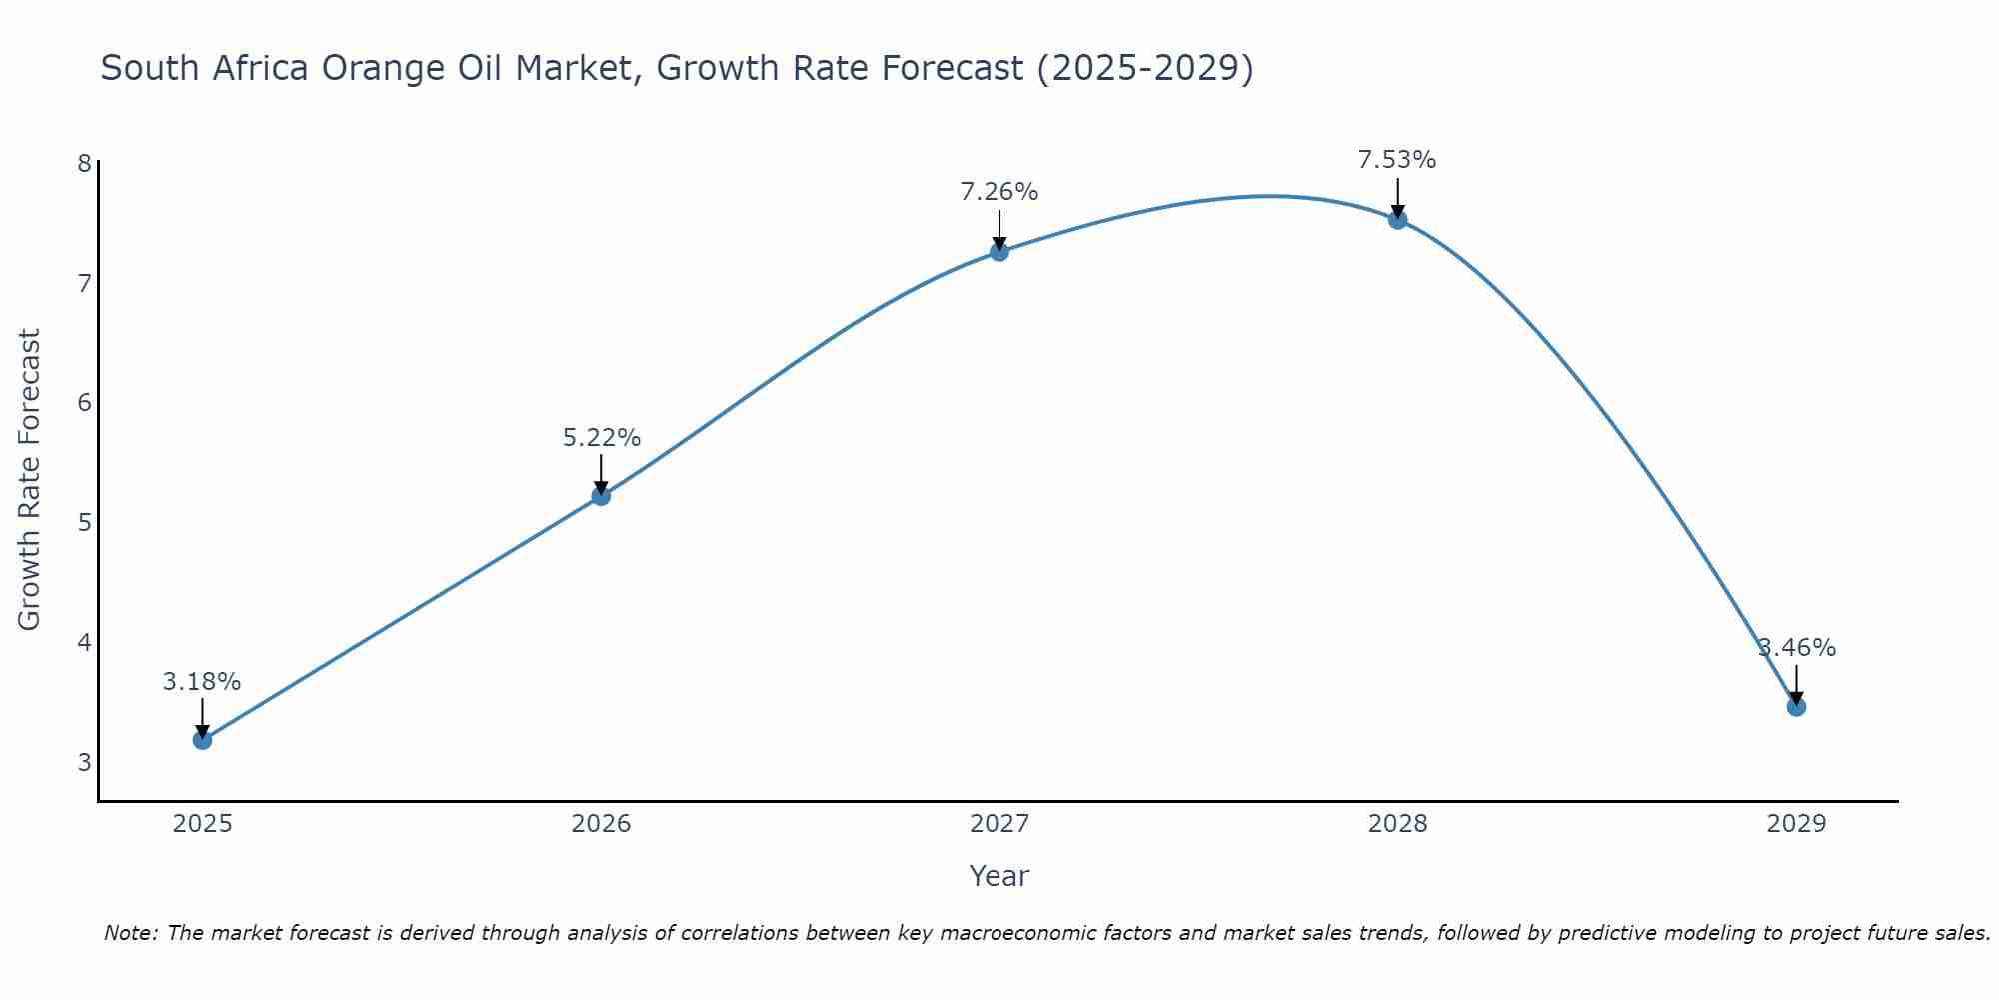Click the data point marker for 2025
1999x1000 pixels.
tap(202, 740)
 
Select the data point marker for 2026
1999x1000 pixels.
tap(601, 496)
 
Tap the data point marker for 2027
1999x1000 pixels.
tap(999, 252)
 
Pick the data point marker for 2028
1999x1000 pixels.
tap(1398, 220)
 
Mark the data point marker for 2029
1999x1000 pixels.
tap(1796, 707)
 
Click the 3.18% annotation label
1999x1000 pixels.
tap(202, 682)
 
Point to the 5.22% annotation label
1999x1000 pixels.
tap(601, 438)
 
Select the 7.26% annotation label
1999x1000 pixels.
tap(999, 192)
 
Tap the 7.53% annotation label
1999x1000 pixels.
tap(1397, 160)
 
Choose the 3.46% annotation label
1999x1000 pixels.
tap(1797, 648)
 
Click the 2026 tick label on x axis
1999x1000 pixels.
tap(601, 824)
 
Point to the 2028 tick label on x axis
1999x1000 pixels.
tap(1398, 824)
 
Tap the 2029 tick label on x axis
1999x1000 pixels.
tap(1796, 824)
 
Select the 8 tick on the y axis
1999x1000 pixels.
tap(84, 163)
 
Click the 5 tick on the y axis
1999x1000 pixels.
tap(84, 522)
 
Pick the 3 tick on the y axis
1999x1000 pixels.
tap(84, 762)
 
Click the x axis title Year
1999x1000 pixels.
tap(999, 876)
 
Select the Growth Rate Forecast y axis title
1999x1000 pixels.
tap(30, 480)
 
